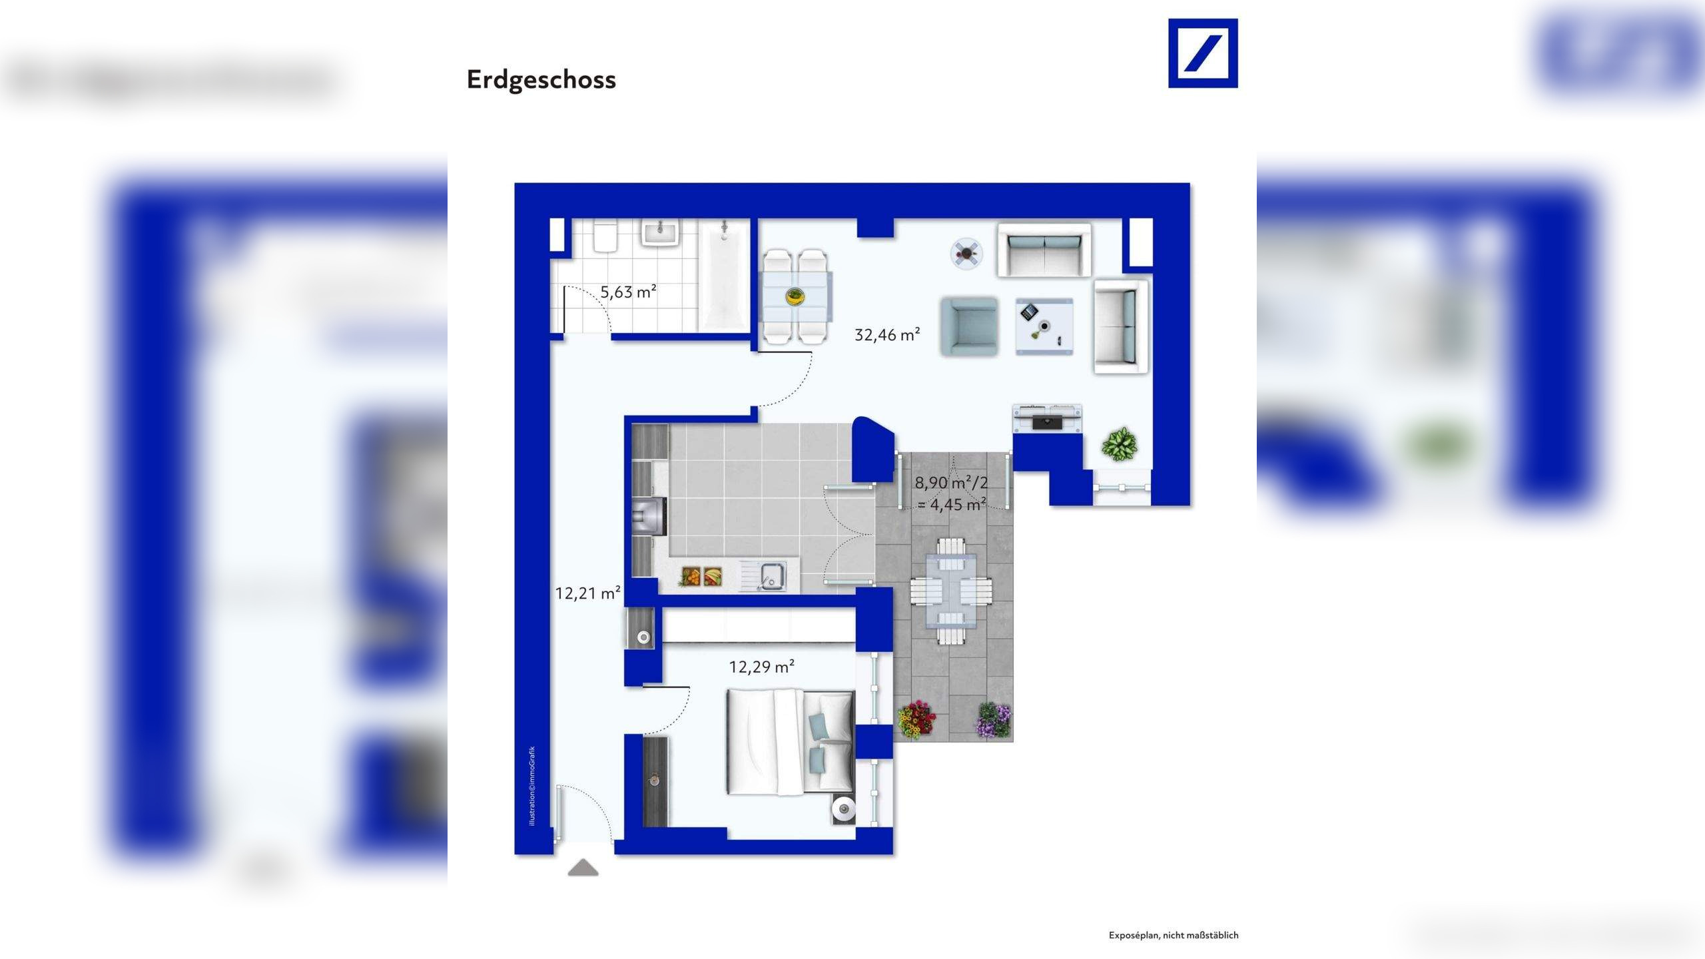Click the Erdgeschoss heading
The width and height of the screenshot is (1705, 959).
541,80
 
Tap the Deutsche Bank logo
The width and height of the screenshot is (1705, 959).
1203,53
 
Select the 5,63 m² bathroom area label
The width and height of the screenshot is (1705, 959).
628,292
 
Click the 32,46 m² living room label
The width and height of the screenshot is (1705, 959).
887,335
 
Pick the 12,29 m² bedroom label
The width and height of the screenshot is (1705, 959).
761,667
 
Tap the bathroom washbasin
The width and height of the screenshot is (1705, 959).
659,234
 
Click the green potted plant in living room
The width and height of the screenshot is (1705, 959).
1119,444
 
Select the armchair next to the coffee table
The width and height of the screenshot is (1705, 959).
969,326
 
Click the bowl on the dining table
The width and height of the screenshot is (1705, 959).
795,296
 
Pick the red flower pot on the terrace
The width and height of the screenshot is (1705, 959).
917,720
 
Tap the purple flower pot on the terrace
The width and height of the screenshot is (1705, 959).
993,721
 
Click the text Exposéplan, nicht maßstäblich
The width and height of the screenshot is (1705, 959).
1173,936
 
